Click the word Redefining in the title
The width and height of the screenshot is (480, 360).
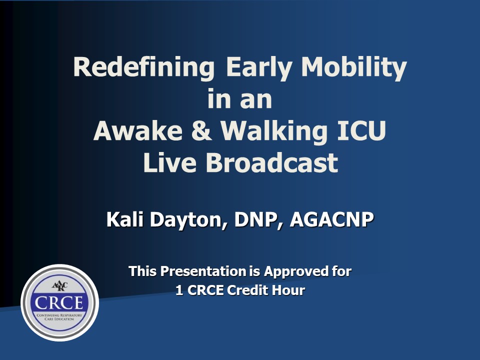click(x=144, y=67)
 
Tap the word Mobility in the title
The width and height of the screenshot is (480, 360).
click(x=354, y=67)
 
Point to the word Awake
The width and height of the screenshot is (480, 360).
click(x=138, y=130)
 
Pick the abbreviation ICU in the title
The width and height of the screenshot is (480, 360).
click(x=361, y=130)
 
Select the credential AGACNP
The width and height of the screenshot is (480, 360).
click(x=331, y=219)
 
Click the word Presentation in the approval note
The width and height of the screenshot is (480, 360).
click(x=203, y=271)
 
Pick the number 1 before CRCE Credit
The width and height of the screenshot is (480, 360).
click(x=179, y=290)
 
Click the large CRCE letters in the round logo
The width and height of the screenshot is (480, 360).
click(x=59, y=303)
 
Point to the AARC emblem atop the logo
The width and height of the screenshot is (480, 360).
click(x=59, y=286)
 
